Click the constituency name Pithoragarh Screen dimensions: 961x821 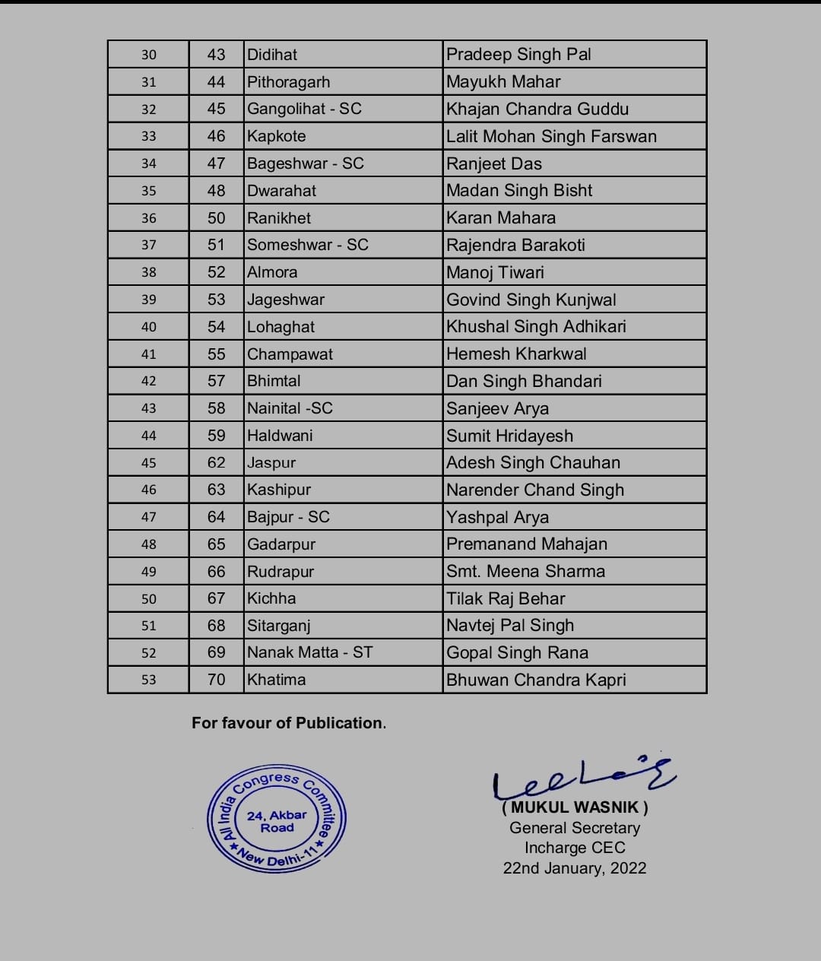288,82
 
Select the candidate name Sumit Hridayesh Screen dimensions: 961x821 509,436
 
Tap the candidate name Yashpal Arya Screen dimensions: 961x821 497,517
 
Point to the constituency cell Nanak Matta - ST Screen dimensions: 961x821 309,652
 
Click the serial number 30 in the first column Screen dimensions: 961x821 149,55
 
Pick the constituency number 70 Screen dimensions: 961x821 217,680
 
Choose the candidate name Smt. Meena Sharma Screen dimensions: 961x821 525,571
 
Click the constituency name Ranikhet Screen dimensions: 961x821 279,218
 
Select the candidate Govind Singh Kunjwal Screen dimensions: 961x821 531,300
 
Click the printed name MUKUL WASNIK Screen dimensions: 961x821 575,807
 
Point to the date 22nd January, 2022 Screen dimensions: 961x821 575,868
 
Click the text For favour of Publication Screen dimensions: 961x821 289,723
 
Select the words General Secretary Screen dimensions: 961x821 575,828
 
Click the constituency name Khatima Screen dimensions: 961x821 276,680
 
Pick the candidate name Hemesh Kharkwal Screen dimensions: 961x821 516,354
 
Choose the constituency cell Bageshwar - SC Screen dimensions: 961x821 305,163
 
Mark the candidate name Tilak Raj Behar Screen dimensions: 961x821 506,598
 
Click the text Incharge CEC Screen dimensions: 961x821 575,848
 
